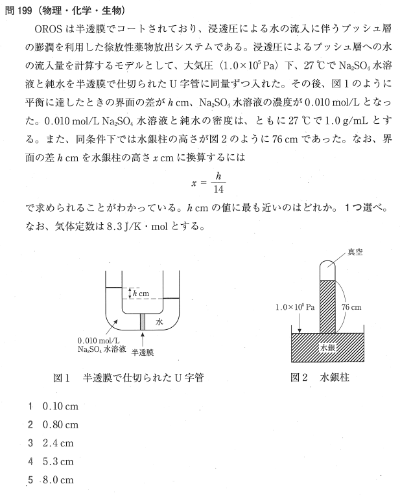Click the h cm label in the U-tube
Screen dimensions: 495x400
point(140,294)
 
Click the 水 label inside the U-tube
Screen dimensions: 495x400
point(159,321)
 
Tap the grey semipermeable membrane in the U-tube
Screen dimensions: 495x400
point(141,321)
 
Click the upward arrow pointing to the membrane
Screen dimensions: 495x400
point(141,338)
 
